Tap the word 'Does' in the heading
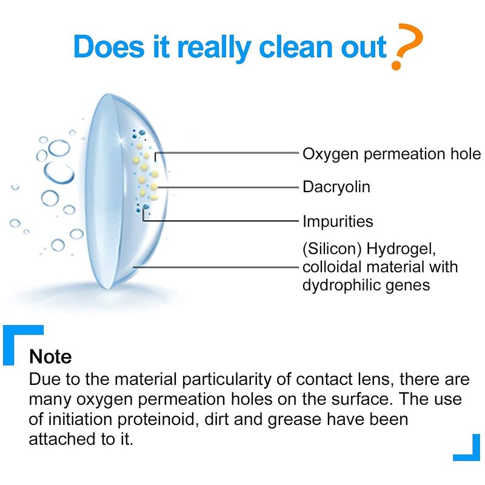(x=109, y=47)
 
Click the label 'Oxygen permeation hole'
(x=392, y=155)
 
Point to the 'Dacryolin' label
(x=336, y=187)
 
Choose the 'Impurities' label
(x=338, y=221)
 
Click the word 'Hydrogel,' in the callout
(x=401, y=249)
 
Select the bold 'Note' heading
(x=50, y=356)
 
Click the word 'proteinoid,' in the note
(x=158, y=420)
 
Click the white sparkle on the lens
(x=119, y=139)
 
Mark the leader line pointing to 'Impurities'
(x=220, y=221)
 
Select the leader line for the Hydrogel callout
(x=216, y=267)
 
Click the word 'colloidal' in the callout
(x=332, y=267)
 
